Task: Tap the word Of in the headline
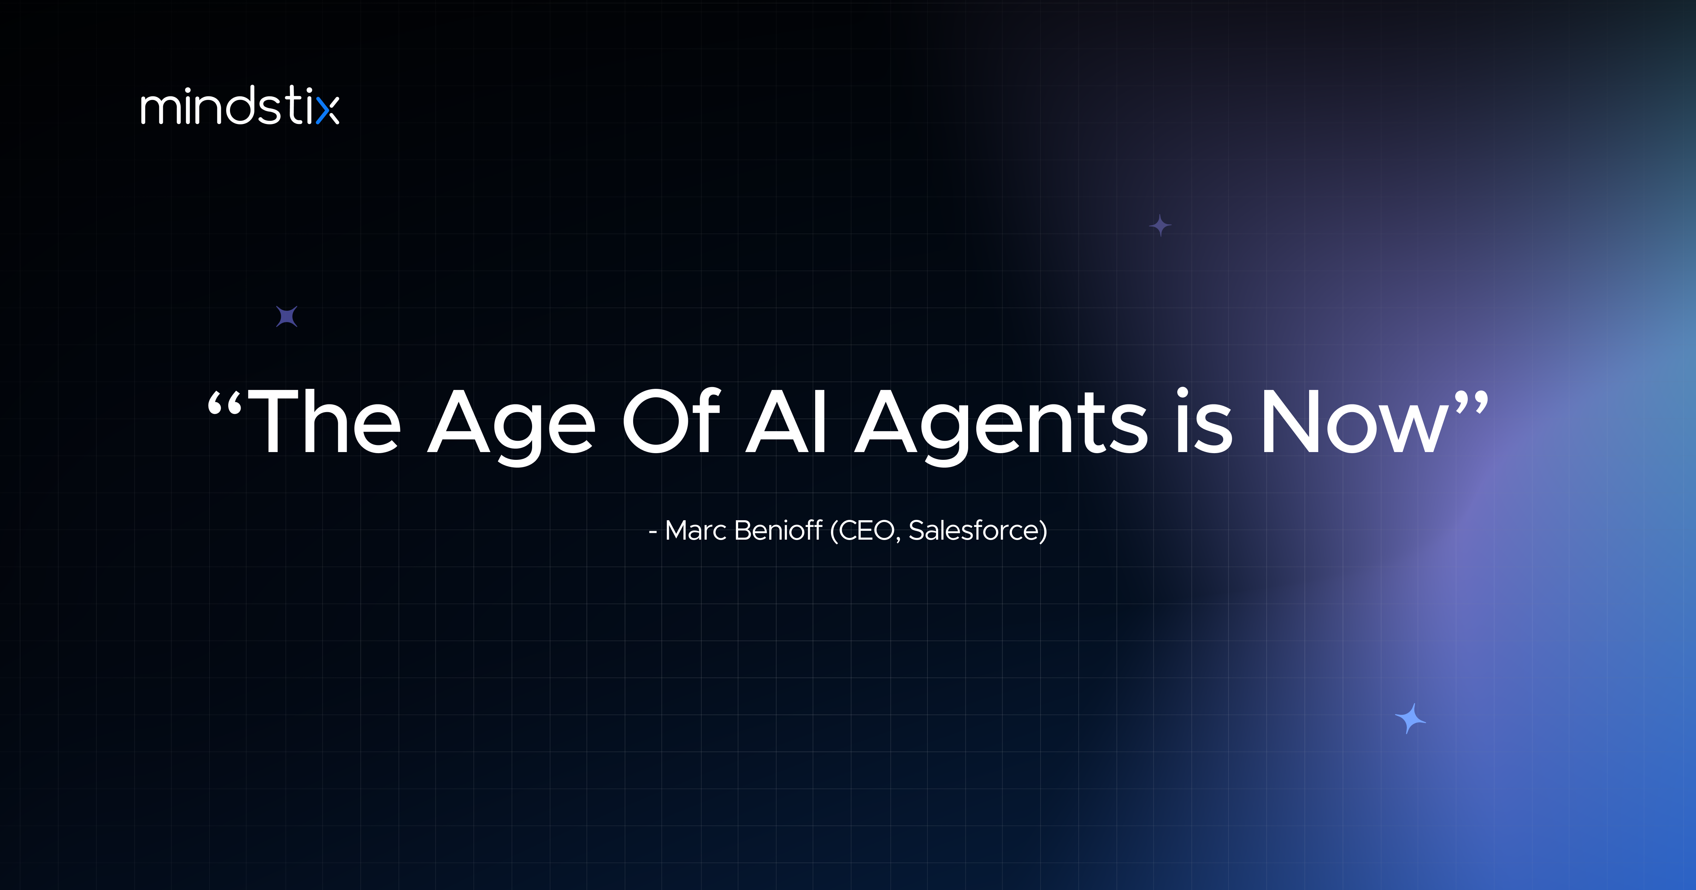[x=672, y=423]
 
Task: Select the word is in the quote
[x=1203, y=423]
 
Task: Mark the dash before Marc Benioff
[x=653, y=532]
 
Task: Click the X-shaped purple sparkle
[x=287, y=317]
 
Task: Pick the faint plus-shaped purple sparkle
[x=1160, y=226]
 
